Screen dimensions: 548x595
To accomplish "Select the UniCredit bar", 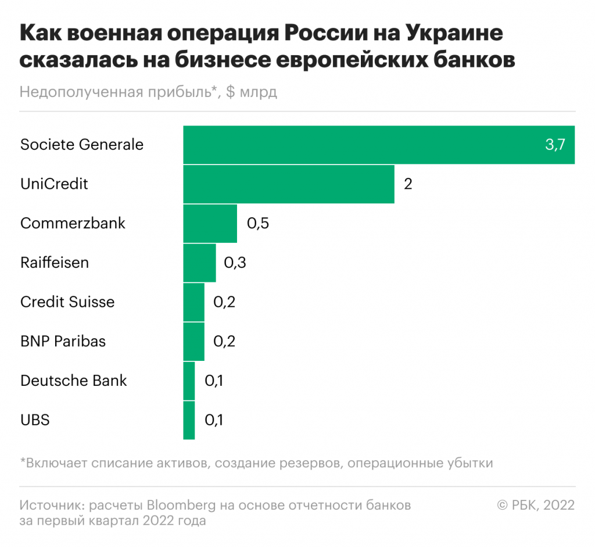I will [289, 184].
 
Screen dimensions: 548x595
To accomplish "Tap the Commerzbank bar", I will [210, 223].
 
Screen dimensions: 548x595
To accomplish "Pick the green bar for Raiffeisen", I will [199, 263].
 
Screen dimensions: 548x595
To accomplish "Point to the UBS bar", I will [189, 420].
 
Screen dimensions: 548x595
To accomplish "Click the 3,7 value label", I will [555, 145].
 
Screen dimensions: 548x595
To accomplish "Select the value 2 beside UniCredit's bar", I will [408, 184].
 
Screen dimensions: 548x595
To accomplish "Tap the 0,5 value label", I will [258, 224].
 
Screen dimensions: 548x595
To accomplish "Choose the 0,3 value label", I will [235, 263].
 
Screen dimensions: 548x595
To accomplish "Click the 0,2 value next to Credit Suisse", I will [224, 302].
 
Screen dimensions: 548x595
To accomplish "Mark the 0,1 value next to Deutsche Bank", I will [214, 381].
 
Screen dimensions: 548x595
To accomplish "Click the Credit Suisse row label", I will [67, 302].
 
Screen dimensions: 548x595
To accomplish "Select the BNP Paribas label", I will [63, 341].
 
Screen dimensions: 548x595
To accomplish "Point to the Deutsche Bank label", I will [73, 381].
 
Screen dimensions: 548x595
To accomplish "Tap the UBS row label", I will [35, 420].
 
